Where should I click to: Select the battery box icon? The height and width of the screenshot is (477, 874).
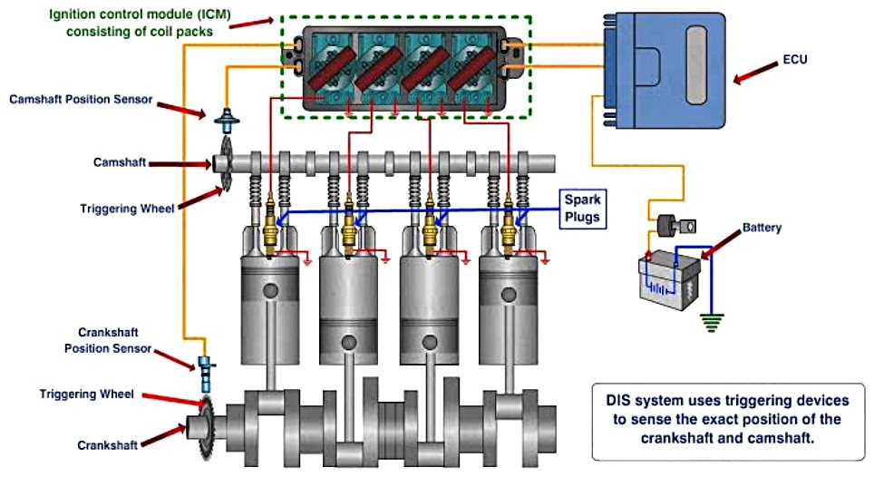click(x=670, y=277)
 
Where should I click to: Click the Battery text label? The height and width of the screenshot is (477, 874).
click(x=761, y=227)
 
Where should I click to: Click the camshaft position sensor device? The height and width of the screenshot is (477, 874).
click(x=223, y=119)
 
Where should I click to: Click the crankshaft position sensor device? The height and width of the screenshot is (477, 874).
click(x=206, y=368)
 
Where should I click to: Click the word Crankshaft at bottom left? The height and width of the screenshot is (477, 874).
click(x=108, y=444)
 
